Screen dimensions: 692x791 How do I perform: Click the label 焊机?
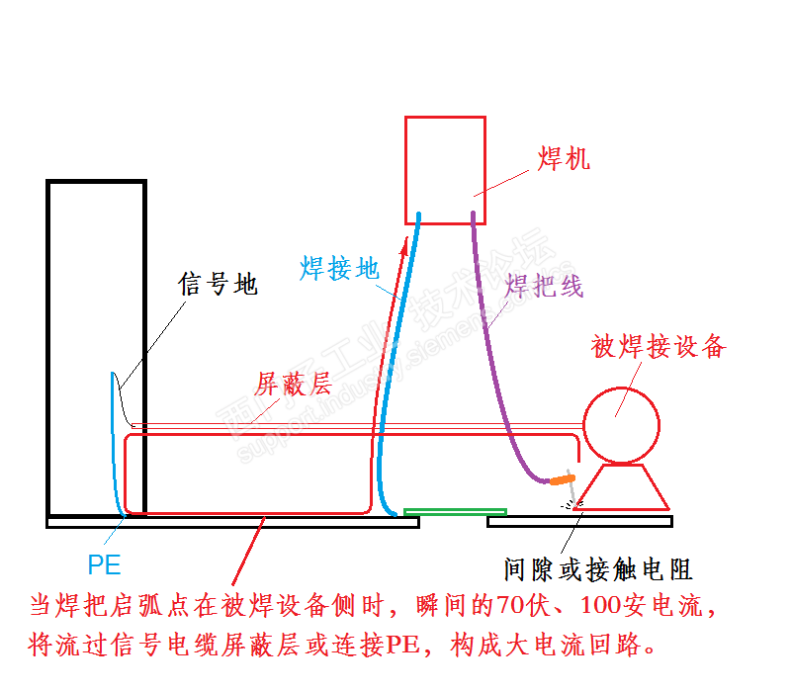[564, 158]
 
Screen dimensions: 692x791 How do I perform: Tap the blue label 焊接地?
[338, 267]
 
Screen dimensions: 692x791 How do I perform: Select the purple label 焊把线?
[544, 287]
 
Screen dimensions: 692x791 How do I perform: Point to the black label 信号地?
[218, 285]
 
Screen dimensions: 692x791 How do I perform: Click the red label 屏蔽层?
[293, 384]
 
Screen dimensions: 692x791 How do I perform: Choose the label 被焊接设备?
[659, 346]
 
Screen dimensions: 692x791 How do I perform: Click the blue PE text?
[104, 565]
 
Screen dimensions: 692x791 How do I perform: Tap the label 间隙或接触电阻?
[597, 569]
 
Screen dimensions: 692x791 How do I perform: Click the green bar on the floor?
[455, 512]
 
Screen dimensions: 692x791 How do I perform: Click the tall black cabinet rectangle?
[96, 346]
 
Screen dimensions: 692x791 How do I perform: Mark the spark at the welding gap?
[571, 502]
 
